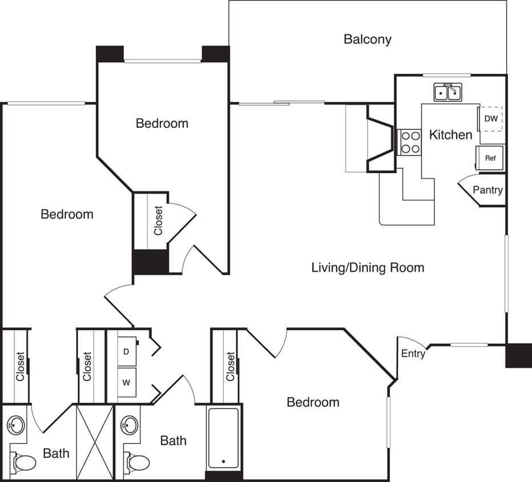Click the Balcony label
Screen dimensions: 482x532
point(368,39)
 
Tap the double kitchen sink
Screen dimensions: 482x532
point(448,92)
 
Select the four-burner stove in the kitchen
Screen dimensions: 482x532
point(409,142)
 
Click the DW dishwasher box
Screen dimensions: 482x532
point(491,119)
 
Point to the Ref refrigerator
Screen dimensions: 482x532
point(490,158)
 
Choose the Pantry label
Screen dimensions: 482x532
point(487,190)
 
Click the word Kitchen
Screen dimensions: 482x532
point(450,135)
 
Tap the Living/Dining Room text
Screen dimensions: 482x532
point(368,267)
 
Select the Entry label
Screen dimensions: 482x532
point(413,354)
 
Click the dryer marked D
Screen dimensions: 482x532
point(126,352)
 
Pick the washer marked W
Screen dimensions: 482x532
point(126,383)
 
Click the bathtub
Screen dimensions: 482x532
point(223,438)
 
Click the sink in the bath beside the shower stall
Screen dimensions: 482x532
point(16,425)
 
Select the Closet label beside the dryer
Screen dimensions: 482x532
point(87,366)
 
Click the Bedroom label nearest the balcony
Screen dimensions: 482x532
point(162,123)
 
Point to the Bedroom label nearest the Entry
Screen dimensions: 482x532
point(313,402)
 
